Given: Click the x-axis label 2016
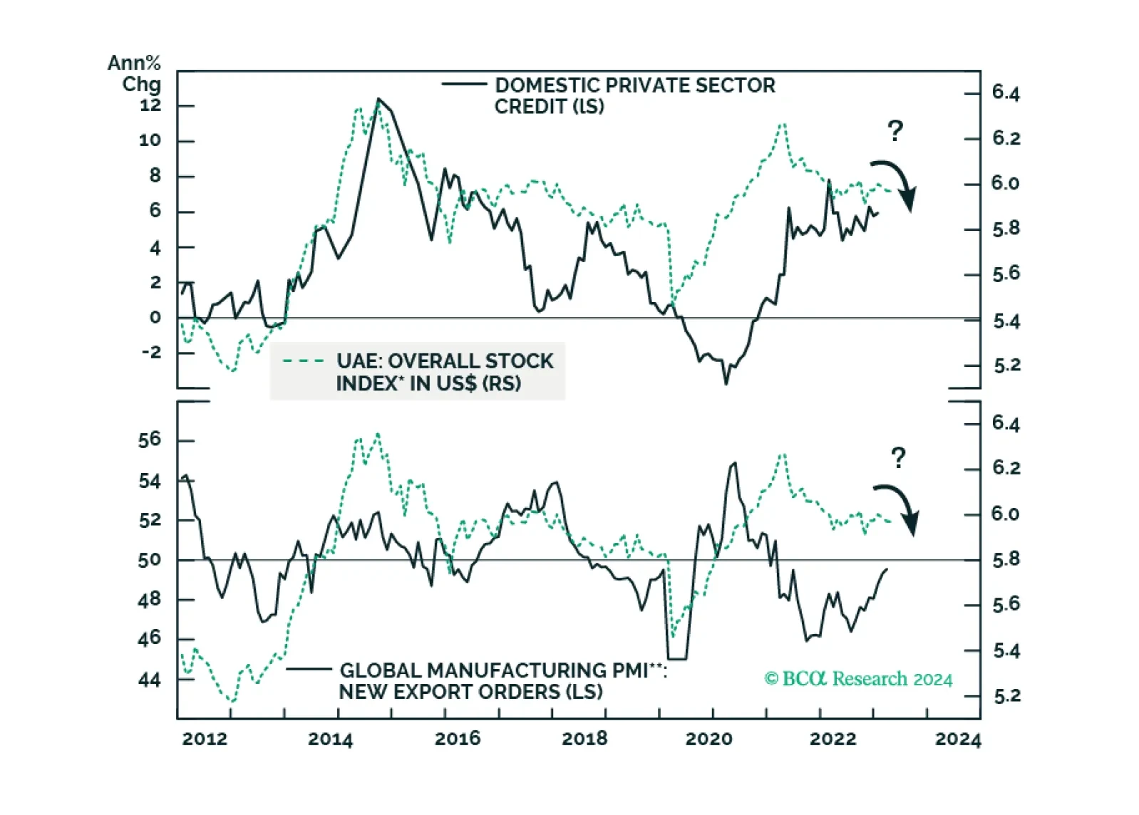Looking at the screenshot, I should (x=457, y=739).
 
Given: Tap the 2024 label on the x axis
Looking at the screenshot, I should (x=957, y=739).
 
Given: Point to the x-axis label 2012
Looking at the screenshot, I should (x=205, y=739).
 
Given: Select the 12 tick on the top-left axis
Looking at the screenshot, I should (x=150, y=105).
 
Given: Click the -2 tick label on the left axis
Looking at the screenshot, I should (x=150, y=352).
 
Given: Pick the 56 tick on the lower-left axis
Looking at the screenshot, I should (x=150, y=440).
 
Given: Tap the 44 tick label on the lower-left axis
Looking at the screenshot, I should (x=150, y=680).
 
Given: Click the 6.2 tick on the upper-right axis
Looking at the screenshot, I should (x=1006, y=138).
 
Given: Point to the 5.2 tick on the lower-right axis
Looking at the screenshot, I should (x=1006, y=696).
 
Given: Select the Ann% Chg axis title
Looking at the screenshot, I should (x=134, y=73).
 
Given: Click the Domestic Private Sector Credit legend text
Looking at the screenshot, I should (x=634, y=95).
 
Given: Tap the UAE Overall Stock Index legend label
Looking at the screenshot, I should (x=444, y=372).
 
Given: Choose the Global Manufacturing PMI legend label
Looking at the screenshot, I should (x=502, y=681).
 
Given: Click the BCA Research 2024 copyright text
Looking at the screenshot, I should (x=858, y=679).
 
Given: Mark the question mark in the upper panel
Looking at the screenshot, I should (x=895, y=130).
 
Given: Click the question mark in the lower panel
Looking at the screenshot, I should (x=898, y=457).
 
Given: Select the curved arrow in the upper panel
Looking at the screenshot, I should (x=896, y=183).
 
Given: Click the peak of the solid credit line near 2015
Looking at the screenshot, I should (x=378, y=99).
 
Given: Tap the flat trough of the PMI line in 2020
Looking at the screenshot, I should (x=676, y=658).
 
